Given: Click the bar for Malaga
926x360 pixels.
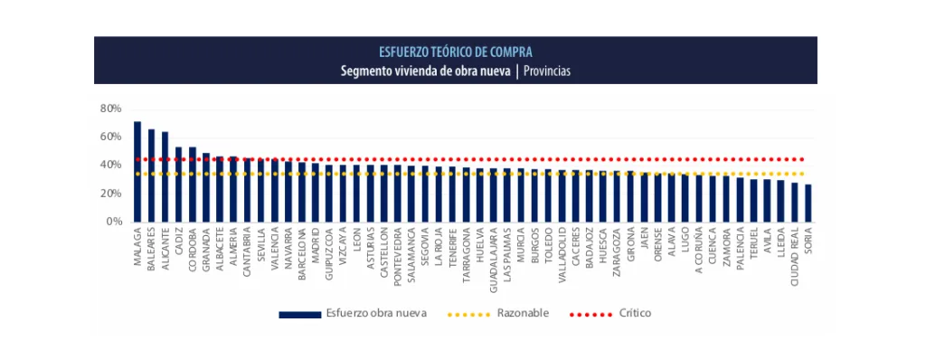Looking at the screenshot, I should click(x=137, y=172).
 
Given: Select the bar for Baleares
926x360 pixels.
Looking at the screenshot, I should click(x=151, y=175).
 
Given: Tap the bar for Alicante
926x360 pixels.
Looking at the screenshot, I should click(x=165, y=177).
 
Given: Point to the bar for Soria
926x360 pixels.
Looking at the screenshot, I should click(x=808, y=204).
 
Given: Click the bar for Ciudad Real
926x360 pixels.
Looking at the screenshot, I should click(x=795, y=203).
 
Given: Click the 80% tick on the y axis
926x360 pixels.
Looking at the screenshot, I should click(x=111, y=109).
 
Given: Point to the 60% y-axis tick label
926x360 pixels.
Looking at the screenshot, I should click(x=111, y=137).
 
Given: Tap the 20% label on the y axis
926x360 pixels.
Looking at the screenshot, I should click(x=111, y=194).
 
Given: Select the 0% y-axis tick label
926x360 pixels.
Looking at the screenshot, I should click(x=114, y=222).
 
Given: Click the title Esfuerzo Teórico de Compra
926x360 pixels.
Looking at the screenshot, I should click(x=456, y=52).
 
